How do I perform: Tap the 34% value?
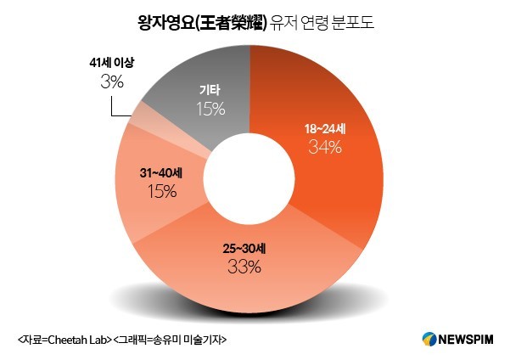click(326, 148)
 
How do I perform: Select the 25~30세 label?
click(244, 251)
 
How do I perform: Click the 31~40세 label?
click(160, 174)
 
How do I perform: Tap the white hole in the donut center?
click(249, 178)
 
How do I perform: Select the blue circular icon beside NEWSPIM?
click(429, 339)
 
